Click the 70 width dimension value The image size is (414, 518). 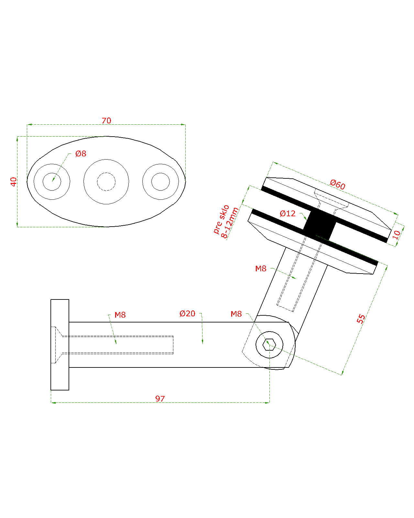tap(106, 121)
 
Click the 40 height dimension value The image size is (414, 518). tap(14, 182)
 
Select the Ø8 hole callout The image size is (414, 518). tap(81, 154)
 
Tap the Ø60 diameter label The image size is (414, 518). tap(338, 185)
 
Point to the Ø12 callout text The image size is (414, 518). tap(288, 214)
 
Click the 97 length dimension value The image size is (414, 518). tap(160, 399)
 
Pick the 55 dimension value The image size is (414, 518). tap(361, 319)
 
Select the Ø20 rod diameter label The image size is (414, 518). tap(188, 314)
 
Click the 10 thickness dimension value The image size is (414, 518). tap(397, 234)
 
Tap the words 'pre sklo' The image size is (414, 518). tap(221, 219)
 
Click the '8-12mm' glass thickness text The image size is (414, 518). tap(230, 223)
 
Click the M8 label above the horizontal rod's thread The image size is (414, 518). tap(120, 315)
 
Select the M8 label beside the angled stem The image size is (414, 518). tap(261, 269)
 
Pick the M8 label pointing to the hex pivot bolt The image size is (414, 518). tap(236, 314)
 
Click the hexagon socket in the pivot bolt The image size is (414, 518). tap(269, 344)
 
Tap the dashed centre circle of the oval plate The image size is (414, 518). tap(106, 182)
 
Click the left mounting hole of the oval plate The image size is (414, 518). tap(52, 182)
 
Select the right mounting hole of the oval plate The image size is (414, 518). tap(160, 182)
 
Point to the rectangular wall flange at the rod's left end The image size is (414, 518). tap(60, 345)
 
